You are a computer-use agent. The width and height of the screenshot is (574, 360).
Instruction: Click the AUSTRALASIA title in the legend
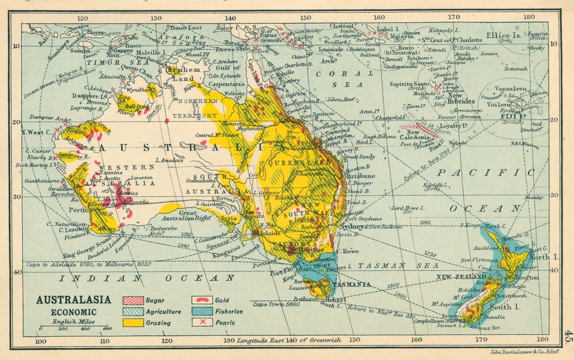click(73, 300)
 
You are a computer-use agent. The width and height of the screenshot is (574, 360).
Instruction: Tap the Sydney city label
click(351, 226)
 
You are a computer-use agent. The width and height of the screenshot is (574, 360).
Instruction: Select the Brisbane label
click(361, 176)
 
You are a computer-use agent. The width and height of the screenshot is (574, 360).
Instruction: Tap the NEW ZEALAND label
click(461, 277)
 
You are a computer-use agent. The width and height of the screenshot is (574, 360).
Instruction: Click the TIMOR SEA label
click(105, 62)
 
